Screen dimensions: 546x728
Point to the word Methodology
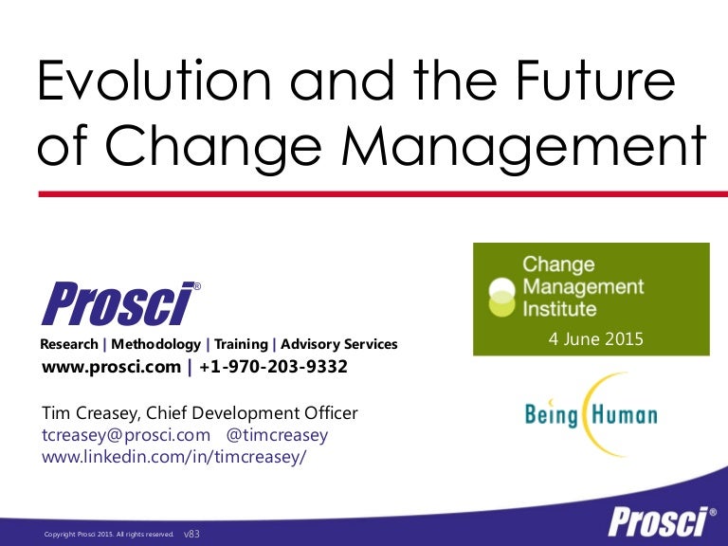155,344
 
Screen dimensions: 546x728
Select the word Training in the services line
241,344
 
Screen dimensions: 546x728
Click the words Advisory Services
339,344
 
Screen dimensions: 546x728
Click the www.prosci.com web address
110,367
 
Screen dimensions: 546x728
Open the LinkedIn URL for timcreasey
175,456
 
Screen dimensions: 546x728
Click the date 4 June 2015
595,338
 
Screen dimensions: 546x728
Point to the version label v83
191,535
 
